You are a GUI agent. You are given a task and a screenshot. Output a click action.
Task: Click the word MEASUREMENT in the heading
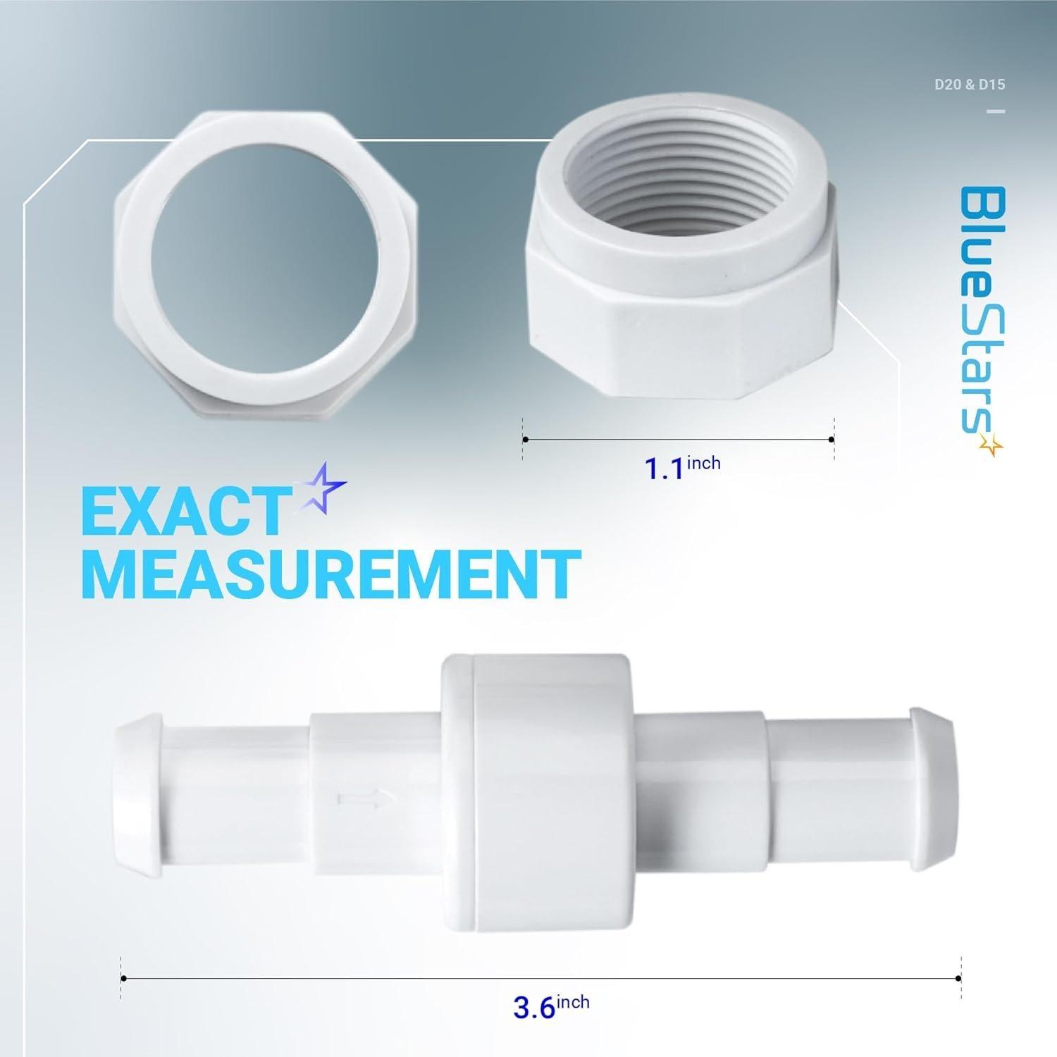coord(331,576)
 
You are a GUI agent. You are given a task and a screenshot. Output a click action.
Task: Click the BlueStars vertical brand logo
coord(981,310)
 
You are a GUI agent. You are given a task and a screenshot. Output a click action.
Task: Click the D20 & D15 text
coord(969,85)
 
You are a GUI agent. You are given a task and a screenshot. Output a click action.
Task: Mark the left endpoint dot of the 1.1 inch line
coord(525,440)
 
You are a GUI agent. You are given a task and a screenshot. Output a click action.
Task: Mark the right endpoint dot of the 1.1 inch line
coord(832,440)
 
